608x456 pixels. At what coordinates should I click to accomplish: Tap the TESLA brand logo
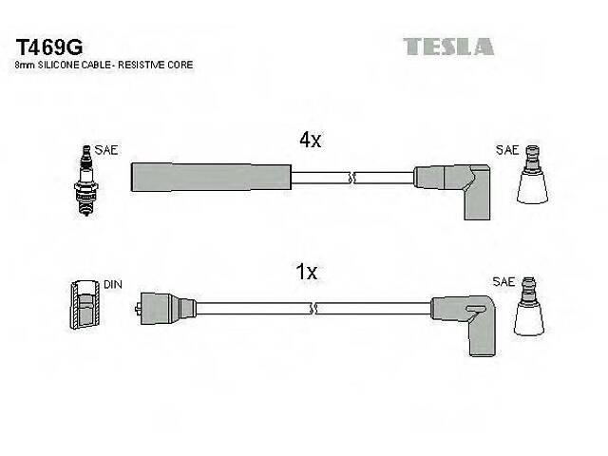(x=448, y=47)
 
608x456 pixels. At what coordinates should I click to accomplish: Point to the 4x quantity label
(x=311, y=141)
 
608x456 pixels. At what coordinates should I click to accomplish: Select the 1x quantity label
(x=306, y=273)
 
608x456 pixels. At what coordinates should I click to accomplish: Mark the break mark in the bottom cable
(x=317, y=308)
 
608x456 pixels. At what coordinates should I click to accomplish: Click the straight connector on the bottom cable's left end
(x=166, y=308)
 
